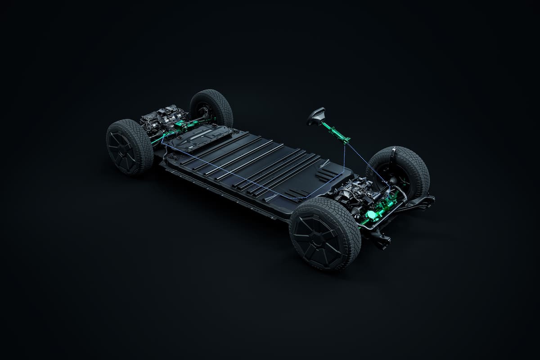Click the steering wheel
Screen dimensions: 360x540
(316, 116)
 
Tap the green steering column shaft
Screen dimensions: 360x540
(335, 132)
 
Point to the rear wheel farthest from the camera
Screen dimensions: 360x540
(211, 108)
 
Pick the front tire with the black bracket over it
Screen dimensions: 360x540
(398, 171)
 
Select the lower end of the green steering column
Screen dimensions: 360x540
(346, 140)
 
